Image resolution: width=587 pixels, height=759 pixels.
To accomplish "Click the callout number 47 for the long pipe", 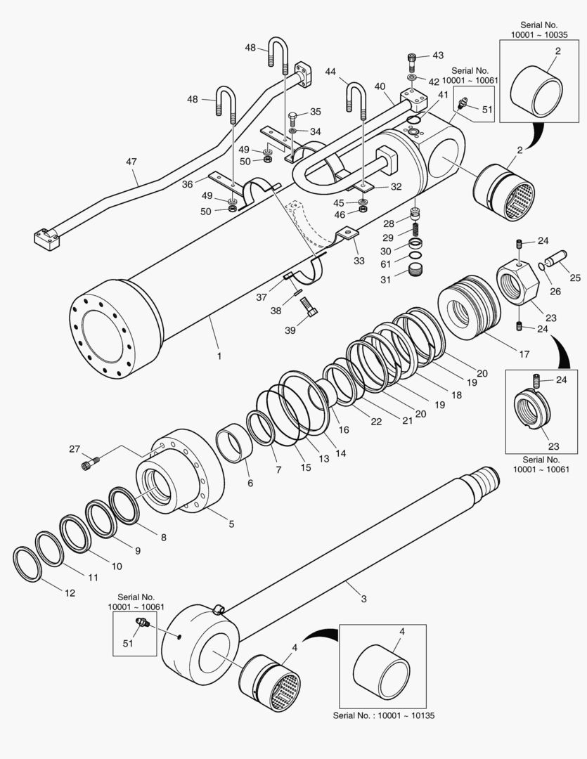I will [x=131, y=162].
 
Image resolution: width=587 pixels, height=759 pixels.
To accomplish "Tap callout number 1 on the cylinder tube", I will [x=219, y=356].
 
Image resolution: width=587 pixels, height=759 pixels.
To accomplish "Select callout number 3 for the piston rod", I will [x=363, y=599].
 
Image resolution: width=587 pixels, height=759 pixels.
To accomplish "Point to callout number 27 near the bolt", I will [x=75, y=448].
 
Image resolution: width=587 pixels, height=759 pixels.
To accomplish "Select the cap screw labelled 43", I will [x=413, y=58].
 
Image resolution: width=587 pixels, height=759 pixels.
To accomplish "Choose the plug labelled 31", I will [x=418, y=271].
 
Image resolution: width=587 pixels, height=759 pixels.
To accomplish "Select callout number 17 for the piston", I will [x=524, y=355].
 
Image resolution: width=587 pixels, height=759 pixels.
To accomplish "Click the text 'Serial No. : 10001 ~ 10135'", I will [x=382, y=716].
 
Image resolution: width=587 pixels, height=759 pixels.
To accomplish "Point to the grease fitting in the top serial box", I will [x=463, y=105].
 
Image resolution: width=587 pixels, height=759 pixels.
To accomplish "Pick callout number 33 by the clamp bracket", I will [x=359, y=261].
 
